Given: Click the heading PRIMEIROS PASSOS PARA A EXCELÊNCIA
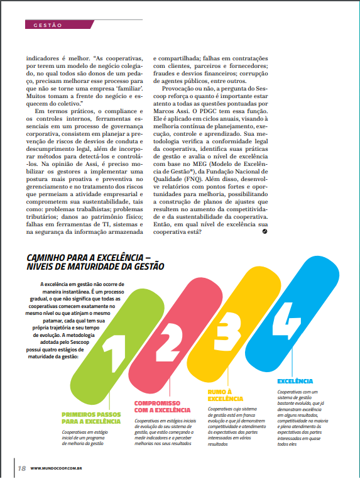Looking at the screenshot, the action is tap(90, 417).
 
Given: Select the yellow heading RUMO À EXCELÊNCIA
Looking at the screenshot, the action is tap(226, 395).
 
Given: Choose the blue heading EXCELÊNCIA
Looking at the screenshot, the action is tap(296, 381).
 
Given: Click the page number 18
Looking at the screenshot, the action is tap(21, 468).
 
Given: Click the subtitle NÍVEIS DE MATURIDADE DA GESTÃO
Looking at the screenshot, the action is tap(95, 267).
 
